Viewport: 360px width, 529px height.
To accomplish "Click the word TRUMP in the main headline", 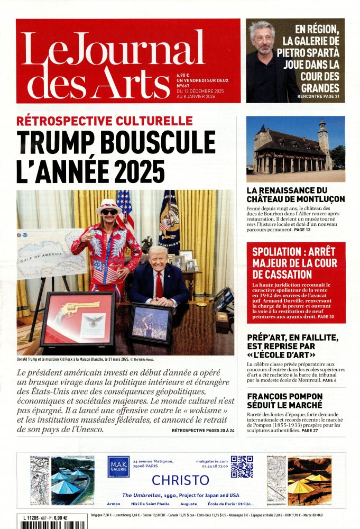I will coord(52,143).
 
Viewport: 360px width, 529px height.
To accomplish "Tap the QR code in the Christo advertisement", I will coord(242,467).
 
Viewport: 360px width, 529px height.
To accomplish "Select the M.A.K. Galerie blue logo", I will coord(118,467).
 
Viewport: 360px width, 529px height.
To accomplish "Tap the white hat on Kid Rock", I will coord(109,204).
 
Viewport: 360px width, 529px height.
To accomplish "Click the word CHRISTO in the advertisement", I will coord(180,480).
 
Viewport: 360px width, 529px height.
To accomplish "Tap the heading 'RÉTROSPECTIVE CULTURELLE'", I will coord(105,121).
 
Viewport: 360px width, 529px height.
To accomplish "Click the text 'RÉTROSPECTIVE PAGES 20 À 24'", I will coord(202,431).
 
